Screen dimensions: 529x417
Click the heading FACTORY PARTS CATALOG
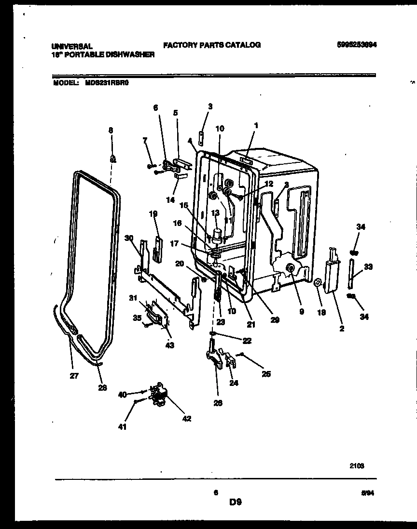[x=212, y=45]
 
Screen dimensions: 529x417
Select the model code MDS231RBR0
[x=108, y=82]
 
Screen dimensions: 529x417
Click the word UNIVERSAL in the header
[x=72, y=47]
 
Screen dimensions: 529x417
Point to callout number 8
[x=111, y=130]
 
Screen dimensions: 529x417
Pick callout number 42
[x=187, y=419]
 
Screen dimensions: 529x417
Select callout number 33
[x=368, y=266]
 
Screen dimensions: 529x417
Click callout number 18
[x=321, y=312]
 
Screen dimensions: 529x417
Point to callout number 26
[x=218, y=403]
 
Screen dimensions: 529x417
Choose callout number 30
[x=128, y=238]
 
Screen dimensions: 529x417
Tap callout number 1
[x=256, y=126]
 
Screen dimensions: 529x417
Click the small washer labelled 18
[x=319, y=282]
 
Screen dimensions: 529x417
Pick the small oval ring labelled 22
[x=212, y=333]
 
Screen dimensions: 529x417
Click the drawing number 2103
[x=357, y=466]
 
